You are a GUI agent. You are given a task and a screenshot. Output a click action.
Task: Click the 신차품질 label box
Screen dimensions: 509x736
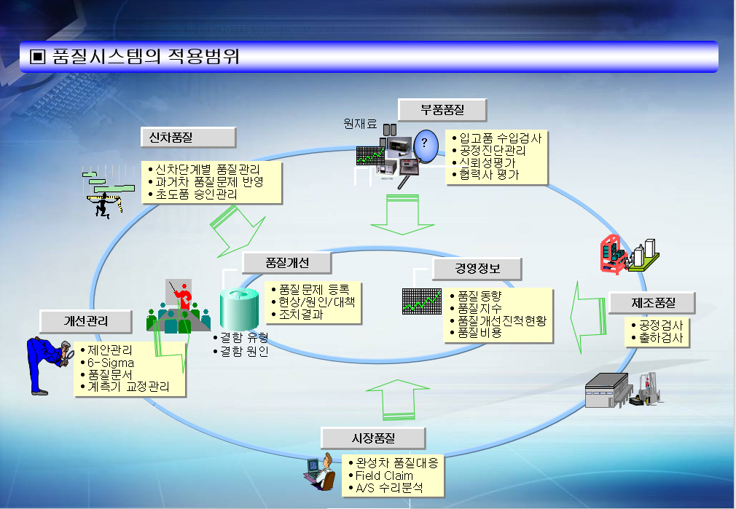coord(187,138)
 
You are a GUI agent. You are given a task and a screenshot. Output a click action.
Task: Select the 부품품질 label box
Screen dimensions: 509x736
coord(442,111)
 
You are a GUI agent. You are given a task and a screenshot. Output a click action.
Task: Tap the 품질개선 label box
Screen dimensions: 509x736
coord(287,263)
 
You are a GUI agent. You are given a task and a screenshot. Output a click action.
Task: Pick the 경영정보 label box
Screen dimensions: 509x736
coord(477,269)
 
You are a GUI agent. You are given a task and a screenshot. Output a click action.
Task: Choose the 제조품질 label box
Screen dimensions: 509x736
coord(653,302)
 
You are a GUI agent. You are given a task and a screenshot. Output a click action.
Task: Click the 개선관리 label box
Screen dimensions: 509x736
coord(87,320)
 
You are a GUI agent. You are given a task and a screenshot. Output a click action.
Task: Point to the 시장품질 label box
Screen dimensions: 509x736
coord(372,438)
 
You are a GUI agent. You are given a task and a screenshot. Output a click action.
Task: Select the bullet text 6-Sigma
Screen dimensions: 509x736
coord(111,362)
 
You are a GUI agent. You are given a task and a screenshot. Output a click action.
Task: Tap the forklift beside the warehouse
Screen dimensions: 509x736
coord(646,390)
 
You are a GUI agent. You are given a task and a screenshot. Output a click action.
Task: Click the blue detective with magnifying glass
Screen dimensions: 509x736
coord(48,365)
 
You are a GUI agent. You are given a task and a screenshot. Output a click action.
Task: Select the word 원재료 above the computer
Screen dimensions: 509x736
coord(360,125)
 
